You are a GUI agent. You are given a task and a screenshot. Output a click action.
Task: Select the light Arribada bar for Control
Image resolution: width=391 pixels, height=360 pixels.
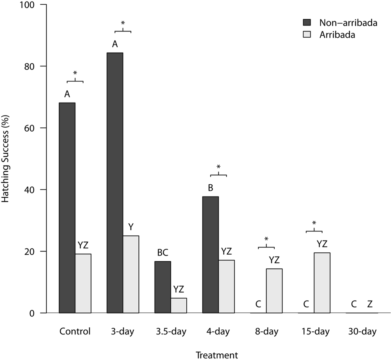coord(83,283)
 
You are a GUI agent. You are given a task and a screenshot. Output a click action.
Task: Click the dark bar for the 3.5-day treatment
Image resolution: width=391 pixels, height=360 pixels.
coord(163,287)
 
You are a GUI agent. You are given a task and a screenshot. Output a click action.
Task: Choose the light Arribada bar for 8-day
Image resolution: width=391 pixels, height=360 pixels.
coord(274,291)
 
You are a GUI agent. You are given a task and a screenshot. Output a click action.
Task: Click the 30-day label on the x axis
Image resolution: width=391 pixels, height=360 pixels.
coord(362,331)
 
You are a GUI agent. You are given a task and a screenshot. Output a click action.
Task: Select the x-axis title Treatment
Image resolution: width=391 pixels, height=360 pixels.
coord(217,355)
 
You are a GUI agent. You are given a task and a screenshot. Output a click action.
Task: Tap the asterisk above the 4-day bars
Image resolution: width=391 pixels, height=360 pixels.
coord(218,167)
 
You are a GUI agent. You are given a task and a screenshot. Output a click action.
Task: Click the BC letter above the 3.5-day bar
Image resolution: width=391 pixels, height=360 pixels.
coord(163,253)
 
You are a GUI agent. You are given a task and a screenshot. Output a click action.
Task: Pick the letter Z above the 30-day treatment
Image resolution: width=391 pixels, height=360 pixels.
coord(370,304)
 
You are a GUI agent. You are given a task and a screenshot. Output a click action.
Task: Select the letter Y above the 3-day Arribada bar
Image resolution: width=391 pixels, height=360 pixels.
coord(131,227)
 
